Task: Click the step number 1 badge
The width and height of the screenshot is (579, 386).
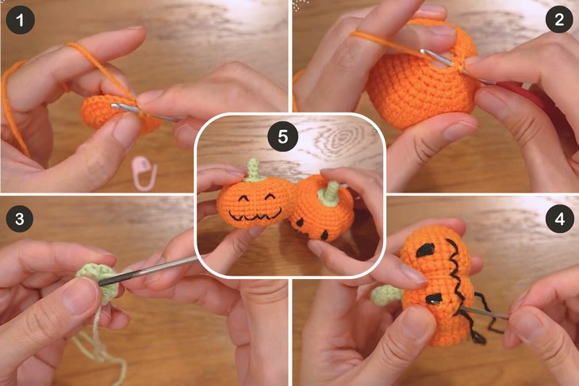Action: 21,21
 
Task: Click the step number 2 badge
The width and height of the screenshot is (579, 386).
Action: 559,21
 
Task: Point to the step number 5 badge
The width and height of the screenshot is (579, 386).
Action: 282,137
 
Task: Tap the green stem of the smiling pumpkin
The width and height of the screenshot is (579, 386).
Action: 252,168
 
